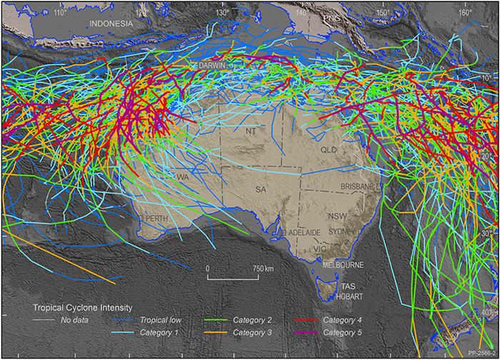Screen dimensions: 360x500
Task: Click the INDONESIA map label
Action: coord(111,24)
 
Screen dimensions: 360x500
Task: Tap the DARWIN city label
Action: coord(212,65)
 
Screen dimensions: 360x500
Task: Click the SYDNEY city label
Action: coord(341,232)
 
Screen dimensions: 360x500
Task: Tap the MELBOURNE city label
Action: coord(344,264)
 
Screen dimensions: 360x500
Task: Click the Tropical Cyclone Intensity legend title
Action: coord(82,307)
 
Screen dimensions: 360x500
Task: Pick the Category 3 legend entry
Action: coord(250,333)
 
